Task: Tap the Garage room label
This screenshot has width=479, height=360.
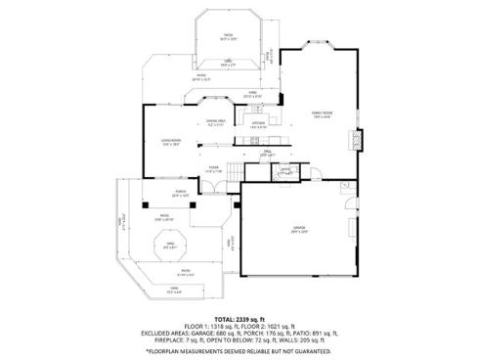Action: [298, 229]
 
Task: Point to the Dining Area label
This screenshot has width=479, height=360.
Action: [216, 122]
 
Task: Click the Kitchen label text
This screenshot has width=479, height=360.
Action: [258, 124]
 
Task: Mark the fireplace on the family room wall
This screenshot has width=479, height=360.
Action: [358, 140]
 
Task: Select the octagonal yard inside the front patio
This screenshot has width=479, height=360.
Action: [170, 246]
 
